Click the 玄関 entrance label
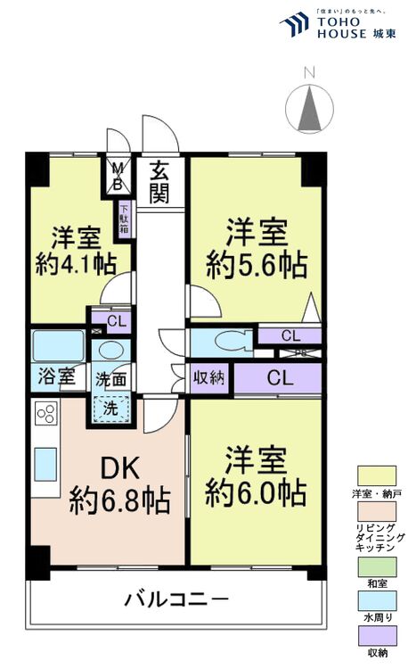(159, 182)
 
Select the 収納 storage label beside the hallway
(210, 377)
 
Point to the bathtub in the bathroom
(58, 345)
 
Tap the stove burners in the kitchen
(46, 415)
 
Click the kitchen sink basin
(46, 465)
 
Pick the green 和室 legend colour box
(377, 565)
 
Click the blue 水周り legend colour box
(377, 600)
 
